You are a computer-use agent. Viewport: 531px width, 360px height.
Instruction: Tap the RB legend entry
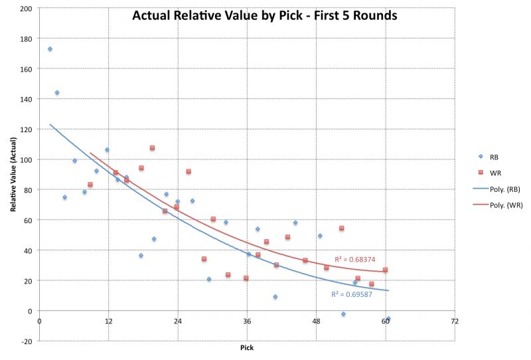493,157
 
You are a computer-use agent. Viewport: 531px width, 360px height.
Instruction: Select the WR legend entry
494,173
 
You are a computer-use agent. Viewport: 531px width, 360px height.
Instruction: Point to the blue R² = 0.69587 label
351,294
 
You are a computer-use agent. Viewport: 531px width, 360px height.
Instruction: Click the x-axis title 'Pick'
246,347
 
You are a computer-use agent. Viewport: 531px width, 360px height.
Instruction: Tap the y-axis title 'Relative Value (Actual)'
13,174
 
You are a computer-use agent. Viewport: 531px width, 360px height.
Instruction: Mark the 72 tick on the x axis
454,321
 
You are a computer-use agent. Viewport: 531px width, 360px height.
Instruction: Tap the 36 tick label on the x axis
247,321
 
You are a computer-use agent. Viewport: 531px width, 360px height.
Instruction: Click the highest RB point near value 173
50,48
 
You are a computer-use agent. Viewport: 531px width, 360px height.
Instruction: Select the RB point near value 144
57,92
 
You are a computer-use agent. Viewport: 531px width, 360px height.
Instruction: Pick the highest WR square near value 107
152,147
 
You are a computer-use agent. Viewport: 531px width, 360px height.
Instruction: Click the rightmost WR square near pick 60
385,270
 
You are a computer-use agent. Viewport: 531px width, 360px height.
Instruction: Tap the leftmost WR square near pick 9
90,184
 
